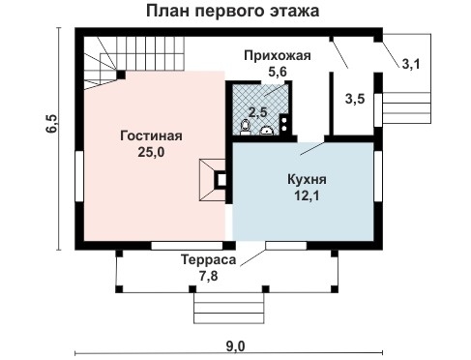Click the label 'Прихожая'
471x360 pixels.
pos(278,55)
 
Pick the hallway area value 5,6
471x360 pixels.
pos(278,71)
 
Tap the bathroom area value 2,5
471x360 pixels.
pos(258,112)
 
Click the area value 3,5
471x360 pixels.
pos(355,99)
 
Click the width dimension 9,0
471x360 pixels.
pos(235,346)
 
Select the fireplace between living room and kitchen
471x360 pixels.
pos(214,179)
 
